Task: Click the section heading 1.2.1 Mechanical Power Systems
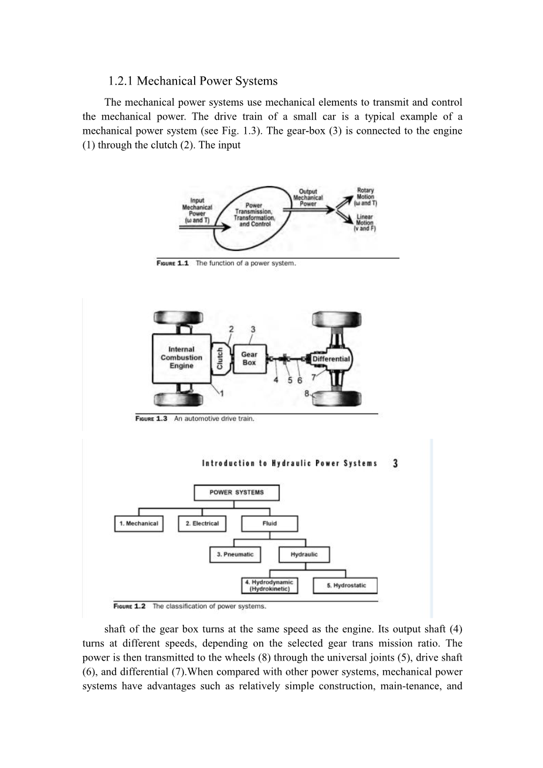192,81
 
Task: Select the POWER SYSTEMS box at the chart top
236,492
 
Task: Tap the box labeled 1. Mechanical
138,523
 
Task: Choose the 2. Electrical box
202,523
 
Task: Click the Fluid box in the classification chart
269,523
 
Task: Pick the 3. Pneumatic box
235,554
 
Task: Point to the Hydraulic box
304,554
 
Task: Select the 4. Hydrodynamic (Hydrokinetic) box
269,586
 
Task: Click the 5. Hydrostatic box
345,586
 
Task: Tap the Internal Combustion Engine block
181,357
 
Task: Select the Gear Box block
249,358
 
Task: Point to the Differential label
331,359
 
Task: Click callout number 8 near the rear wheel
307,394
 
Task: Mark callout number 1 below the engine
221,393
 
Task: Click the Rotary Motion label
365,197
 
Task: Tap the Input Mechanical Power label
197,210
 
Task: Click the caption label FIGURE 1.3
152,418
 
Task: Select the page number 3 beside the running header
395,463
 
